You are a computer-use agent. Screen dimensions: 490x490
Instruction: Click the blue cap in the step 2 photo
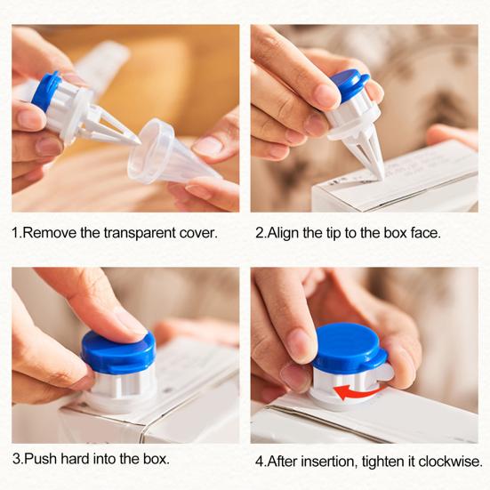click(x=350, y=86)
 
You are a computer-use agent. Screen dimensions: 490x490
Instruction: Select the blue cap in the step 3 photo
click(x=118, y=351)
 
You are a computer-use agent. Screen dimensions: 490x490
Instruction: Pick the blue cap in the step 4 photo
click(x=349, y=348)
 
